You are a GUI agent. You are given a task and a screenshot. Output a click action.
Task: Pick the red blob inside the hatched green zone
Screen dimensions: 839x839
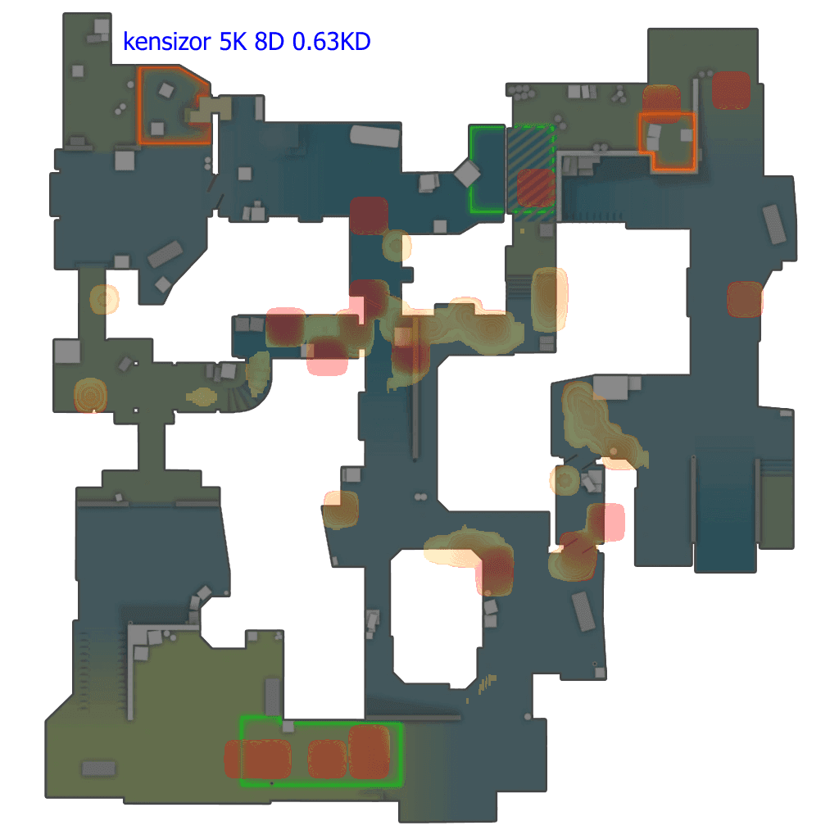click(x=537, y=188)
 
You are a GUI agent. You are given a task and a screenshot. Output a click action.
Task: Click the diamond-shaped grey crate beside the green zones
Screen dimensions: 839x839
click(x=467, y=174)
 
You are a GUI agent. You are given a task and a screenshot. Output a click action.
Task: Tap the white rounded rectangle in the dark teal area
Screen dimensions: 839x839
click(x=374, y=136)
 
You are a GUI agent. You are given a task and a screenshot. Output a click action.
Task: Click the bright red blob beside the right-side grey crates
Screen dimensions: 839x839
click(x=610, y=522)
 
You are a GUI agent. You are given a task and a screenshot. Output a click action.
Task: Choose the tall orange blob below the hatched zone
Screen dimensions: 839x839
click(x=549, y=298)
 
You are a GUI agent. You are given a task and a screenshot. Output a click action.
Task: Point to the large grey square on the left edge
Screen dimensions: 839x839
click(x=66, y=351)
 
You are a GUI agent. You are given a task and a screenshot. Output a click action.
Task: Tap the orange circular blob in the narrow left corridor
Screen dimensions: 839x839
click(x=104, y=300)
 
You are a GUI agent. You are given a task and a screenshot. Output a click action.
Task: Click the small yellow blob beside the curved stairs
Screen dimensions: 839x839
click(x=202, y=397)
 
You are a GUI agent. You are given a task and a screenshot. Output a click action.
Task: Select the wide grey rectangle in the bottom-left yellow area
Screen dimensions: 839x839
click(x=98, y=769)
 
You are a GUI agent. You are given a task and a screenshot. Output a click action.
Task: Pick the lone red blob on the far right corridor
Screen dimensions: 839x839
click(x=745, y=299)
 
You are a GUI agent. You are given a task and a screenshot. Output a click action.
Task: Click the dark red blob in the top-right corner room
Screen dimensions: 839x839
click(x=731, y=90)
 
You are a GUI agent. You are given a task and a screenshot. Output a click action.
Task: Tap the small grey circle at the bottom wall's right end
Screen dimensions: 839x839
click(x=528, y=717)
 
